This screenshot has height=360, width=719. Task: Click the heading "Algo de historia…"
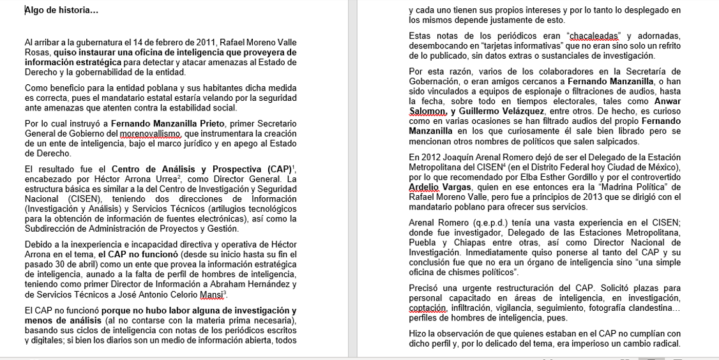click(x=61, y=10)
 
